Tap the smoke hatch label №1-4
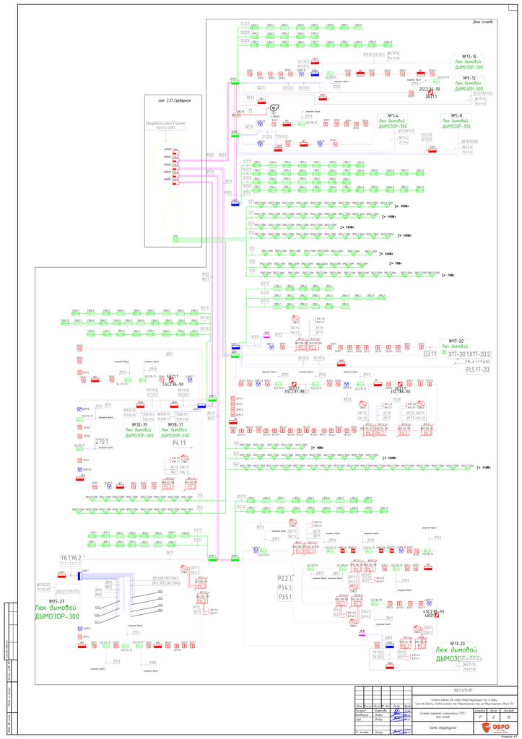[393, 115]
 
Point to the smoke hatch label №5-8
[456, 115]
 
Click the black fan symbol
[274, 108]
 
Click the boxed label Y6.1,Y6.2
[71, 559]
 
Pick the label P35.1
[285, 597]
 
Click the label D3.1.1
[430, 354]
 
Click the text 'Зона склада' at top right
[482, 22]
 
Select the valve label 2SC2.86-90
[430, 89]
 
